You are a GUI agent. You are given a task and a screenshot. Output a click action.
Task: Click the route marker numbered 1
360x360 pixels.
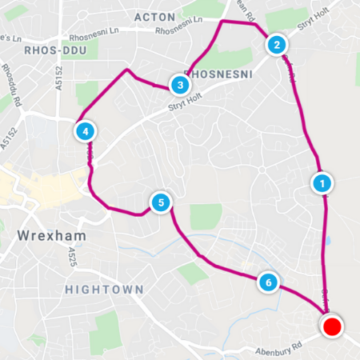click(322, 183)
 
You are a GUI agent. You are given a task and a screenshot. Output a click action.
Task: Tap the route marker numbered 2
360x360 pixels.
click(276, 45)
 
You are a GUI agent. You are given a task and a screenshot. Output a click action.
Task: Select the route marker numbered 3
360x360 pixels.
click(180, 84)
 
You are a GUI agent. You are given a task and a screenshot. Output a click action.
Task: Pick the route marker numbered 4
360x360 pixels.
click(84, 130)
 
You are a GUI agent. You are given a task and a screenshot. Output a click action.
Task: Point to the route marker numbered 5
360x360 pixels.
click(161, 202)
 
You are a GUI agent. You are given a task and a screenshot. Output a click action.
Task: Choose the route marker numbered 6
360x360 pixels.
click(269, 282)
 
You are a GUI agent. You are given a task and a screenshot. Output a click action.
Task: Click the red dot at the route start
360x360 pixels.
click(331, 326)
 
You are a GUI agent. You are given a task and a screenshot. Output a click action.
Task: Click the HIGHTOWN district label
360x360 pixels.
click(105, 289)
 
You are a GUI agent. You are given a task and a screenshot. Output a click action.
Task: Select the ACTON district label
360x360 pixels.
click(154, 17)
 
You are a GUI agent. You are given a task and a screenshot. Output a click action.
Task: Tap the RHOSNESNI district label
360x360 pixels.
click(223, 74)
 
